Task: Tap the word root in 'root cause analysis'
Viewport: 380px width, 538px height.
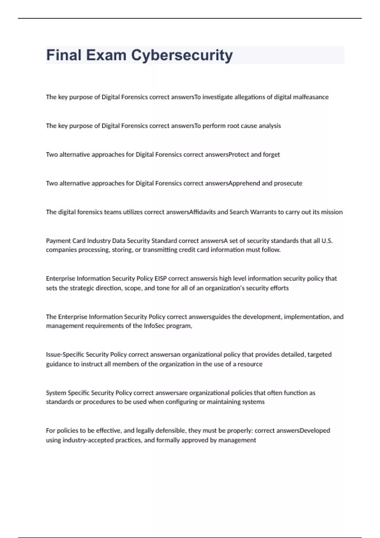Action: point(233,126)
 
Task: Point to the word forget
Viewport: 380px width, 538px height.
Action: point(271,155)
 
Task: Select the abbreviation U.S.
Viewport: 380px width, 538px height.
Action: point(327,241)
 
